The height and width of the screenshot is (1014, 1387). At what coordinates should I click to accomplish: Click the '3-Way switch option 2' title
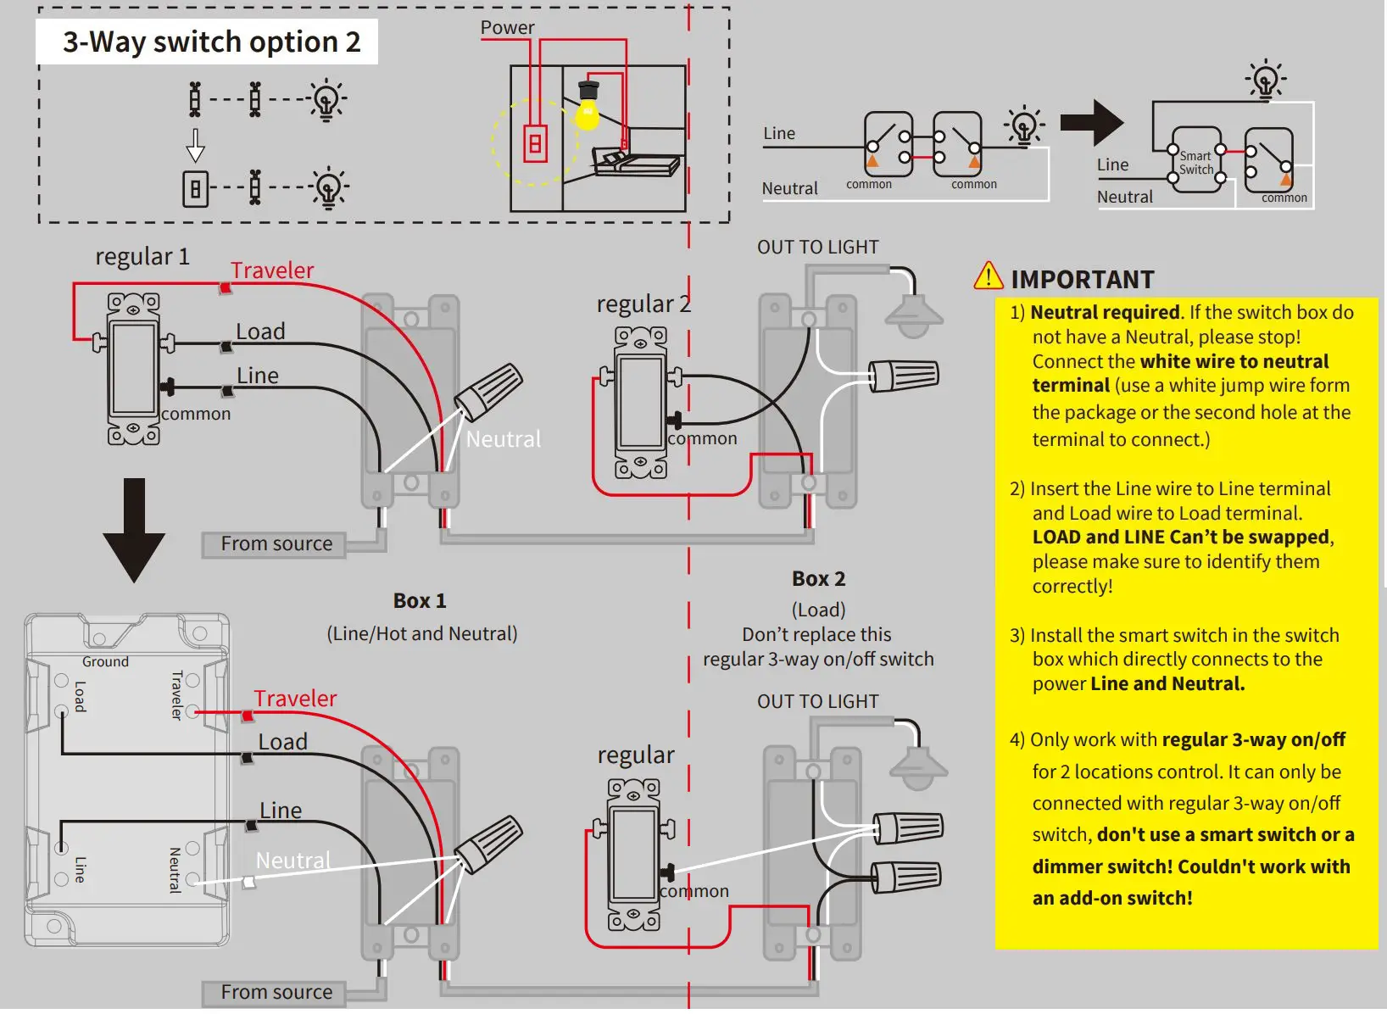click(x=211, y=42)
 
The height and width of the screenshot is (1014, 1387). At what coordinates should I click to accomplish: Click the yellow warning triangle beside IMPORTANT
click(x=989, y=276)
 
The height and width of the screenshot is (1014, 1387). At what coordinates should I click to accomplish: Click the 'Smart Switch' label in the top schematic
click(x=1195, y=162)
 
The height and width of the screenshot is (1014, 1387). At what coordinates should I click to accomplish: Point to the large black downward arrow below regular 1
click(x=134, y=530)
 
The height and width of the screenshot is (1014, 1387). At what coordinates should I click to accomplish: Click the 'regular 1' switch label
click(x=142, y=256)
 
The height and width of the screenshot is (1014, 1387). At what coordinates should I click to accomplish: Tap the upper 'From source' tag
click(x=276, y=543)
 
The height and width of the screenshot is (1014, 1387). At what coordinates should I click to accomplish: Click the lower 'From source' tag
click(x=276, y=992)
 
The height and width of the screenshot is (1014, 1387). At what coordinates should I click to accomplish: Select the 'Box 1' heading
click(x=419, y=600)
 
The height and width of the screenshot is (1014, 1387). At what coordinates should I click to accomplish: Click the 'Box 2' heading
click(x=818, y=578)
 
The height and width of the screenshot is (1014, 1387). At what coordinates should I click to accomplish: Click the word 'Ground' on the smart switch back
click(x=105, y=661)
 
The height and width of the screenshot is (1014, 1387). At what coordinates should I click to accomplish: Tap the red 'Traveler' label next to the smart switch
click(x=295, y=698)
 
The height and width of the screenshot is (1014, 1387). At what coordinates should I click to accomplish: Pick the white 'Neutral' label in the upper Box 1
click(x=503, y=438)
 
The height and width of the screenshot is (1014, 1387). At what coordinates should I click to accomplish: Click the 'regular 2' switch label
click(x=643, y=304)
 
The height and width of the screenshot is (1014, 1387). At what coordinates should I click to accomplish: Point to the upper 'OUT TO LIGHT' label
click(x=817, y=247)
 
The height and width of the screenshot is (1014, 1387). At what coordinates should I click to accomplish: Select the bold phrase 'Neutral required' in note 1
click(x=1105, y=312)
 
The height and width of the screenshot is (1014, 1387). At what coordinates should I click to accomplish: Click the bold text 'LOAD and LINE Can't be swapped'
click(x=1180, y=537)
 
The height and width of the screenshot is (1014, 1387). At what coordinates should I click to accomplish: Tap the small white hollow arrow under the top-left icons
click(x=196, y=145)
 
